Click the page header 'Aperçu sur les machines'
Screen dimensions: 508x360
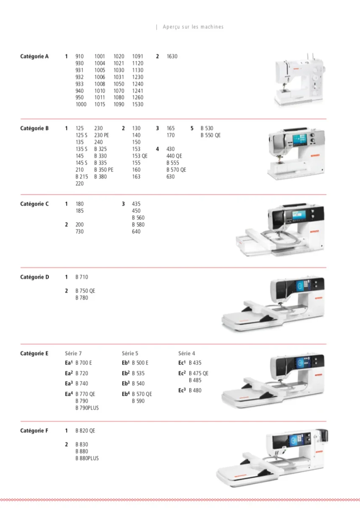(x=193, y=27)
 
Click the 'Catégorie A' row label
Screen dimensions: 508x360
(x=34, y=56)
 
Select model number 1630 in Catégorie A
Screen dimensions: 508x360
(x=172, y=56)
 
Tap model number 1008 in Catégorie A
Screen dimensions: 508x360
(x=100, y=84)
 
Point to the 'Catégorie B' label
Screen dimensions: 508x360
(x=34, y=128)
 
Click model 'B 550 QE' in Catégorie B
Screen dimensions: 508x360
(x=210, y=135)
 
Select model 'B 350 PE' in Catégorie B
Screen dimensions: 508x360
(x=104, y=170)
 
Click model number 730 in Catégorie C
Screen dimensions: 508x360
(x=80, y=232)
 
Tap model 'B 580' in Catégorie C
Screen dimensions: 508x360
(x=138, y=224)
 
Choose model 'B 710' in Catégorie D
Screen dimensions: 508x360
(x=82, y=277)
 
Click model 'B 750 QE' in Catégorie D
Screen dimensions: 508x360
(x=85, y=291)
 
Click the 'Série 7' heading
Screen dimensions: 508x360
(x=73, y=353)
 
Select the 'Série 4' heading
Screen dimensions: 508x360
(x=187, y=353)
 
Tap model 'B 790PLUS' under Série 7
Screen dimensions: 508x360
(x=87, y=408)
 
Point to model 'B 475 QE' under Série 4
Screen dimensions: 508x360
(x=199, y=373)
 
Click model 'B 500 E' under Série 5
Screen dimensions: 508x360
(x=140, y=363)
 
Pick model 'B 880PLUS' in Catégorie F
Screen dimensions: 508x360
(x=87, y=458)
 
